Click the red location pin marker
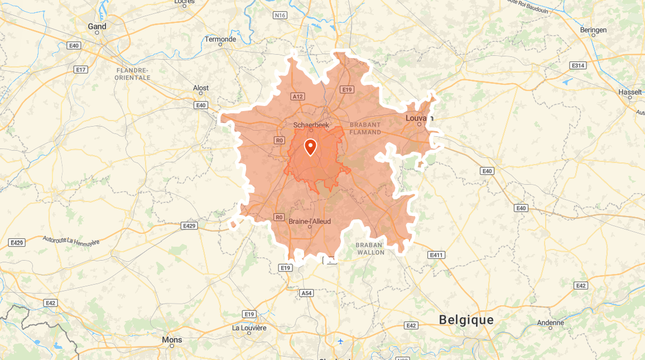[310, 147]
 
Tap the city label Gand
[97, 26]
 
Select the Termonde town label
[220, 40]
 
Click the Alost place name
[201, 88]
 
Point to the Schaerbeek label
[311, 126]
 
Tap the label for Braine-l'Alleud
[310, 222]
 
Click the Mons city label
[172, 339]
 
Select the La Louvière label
[249, 328]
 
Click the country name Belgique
[466, 320]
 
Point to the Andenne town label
[551, 323]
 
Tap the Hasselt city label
[630, 92]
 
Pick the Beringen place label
[594, 30]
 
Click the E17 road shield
[81, 70]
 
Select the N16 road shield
[280, 15]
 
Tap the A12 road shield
[297, 97]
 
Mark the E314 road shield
[578, 66]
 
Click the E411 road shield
[436, 255]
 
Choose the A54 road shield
[307, 293]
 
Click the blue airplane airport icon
[340, 341]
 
